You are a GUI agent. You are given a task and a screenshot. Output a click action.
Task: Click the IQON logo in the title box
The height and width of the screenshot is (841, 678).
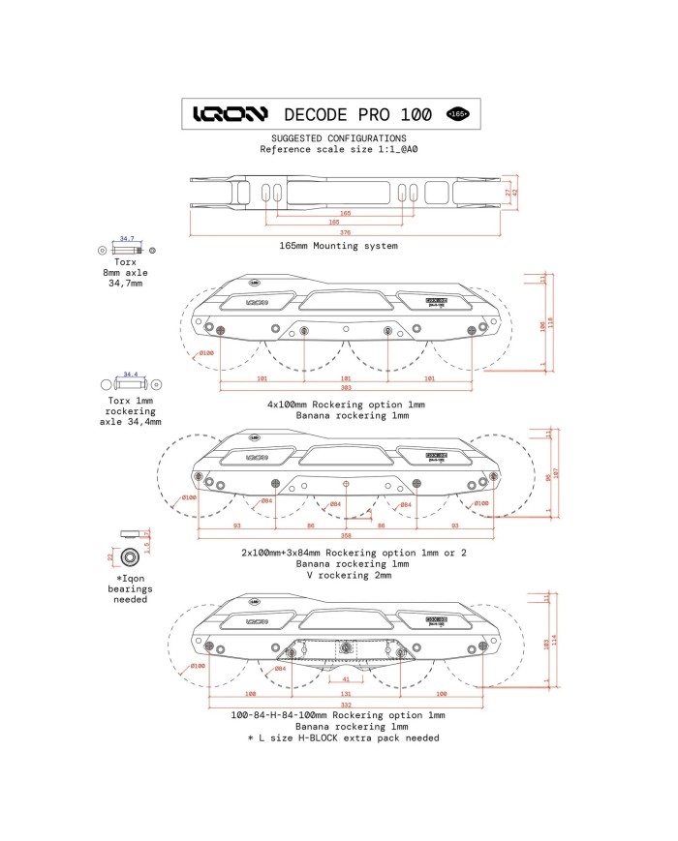230,114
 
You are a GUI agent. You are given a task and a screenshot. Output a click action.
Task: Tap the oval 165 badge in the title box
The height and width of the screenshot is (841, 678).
457,114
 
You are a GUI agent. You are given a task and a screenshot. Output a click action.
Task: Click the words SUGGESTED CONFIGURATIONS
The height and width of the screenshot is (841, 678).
338,138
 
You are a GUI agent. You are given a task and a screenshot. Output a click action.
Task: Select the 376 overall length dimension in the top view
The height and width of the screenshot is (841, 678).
346,232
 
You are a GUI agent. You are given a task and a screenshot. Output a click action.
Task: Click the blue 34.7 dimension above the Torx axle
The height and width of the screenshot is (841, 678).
127,238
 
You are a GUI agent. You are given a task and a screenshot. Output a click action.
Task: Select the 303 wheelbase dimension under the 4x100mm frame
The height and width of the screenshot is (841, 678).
346,387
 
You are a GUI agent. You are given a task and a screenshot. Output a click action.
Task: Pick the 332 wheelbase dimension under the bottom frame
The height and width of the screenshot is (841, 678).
346,704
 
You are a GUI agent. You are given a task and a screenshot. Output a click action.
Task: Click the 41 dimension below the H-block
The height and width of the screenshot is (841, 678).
346,678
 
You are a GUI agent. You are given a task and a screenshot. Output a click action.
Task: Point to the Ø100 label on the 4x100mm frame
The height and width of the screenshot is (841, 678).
205,352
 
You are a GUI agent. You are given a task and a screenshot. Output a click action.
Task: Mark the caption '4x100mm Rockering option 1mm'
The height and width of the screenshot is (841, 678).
346,405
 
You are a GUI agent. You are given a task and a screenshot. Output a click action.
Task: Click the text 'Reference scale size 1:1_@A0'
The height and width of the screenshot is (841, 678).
338,150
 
